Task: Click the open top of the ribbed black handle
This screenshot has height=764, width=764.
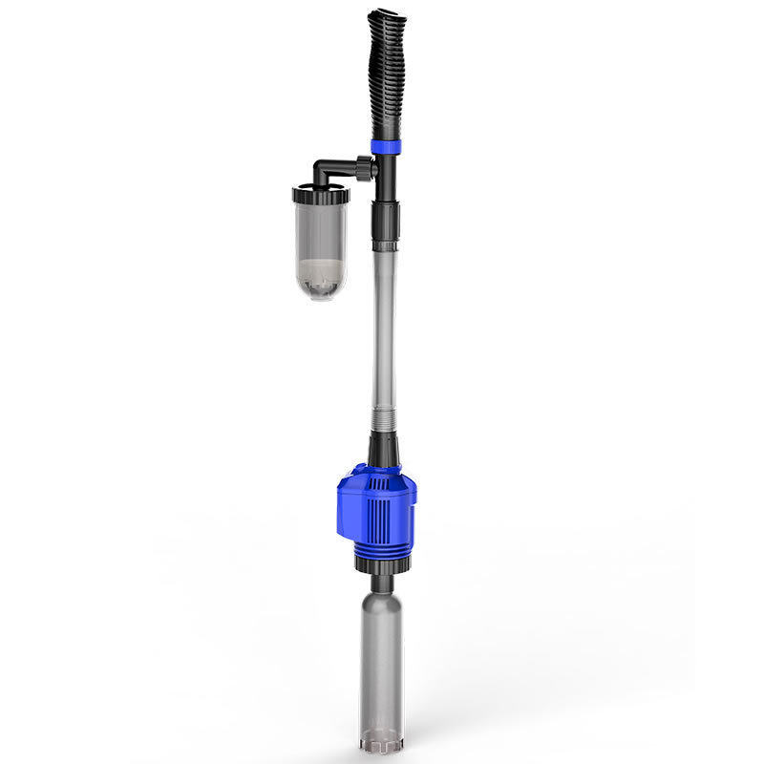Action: (x=384, y=17)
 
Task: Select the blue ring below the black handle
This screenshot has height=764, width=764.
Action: (x=386, y=147)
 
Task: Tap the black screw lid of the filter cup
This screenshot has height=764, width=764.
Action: (x=321, y=195)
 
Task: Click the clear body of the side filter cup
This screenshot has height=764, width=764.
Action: (x=321, y=234)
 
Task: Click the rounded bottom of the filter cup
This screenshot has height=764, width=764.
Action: (x=321, y=291)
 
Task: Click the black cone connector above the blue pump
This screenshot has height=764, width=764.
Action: (x=383, y=451)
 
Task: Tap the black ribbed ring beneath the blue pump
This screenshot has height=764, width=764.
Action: (x=382, y=564)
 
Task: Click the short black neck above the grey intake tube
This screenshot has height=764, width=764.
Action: (x=382, y=582)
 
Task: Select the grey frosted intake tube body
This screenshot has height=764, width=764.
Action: (x=382, y=659)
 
